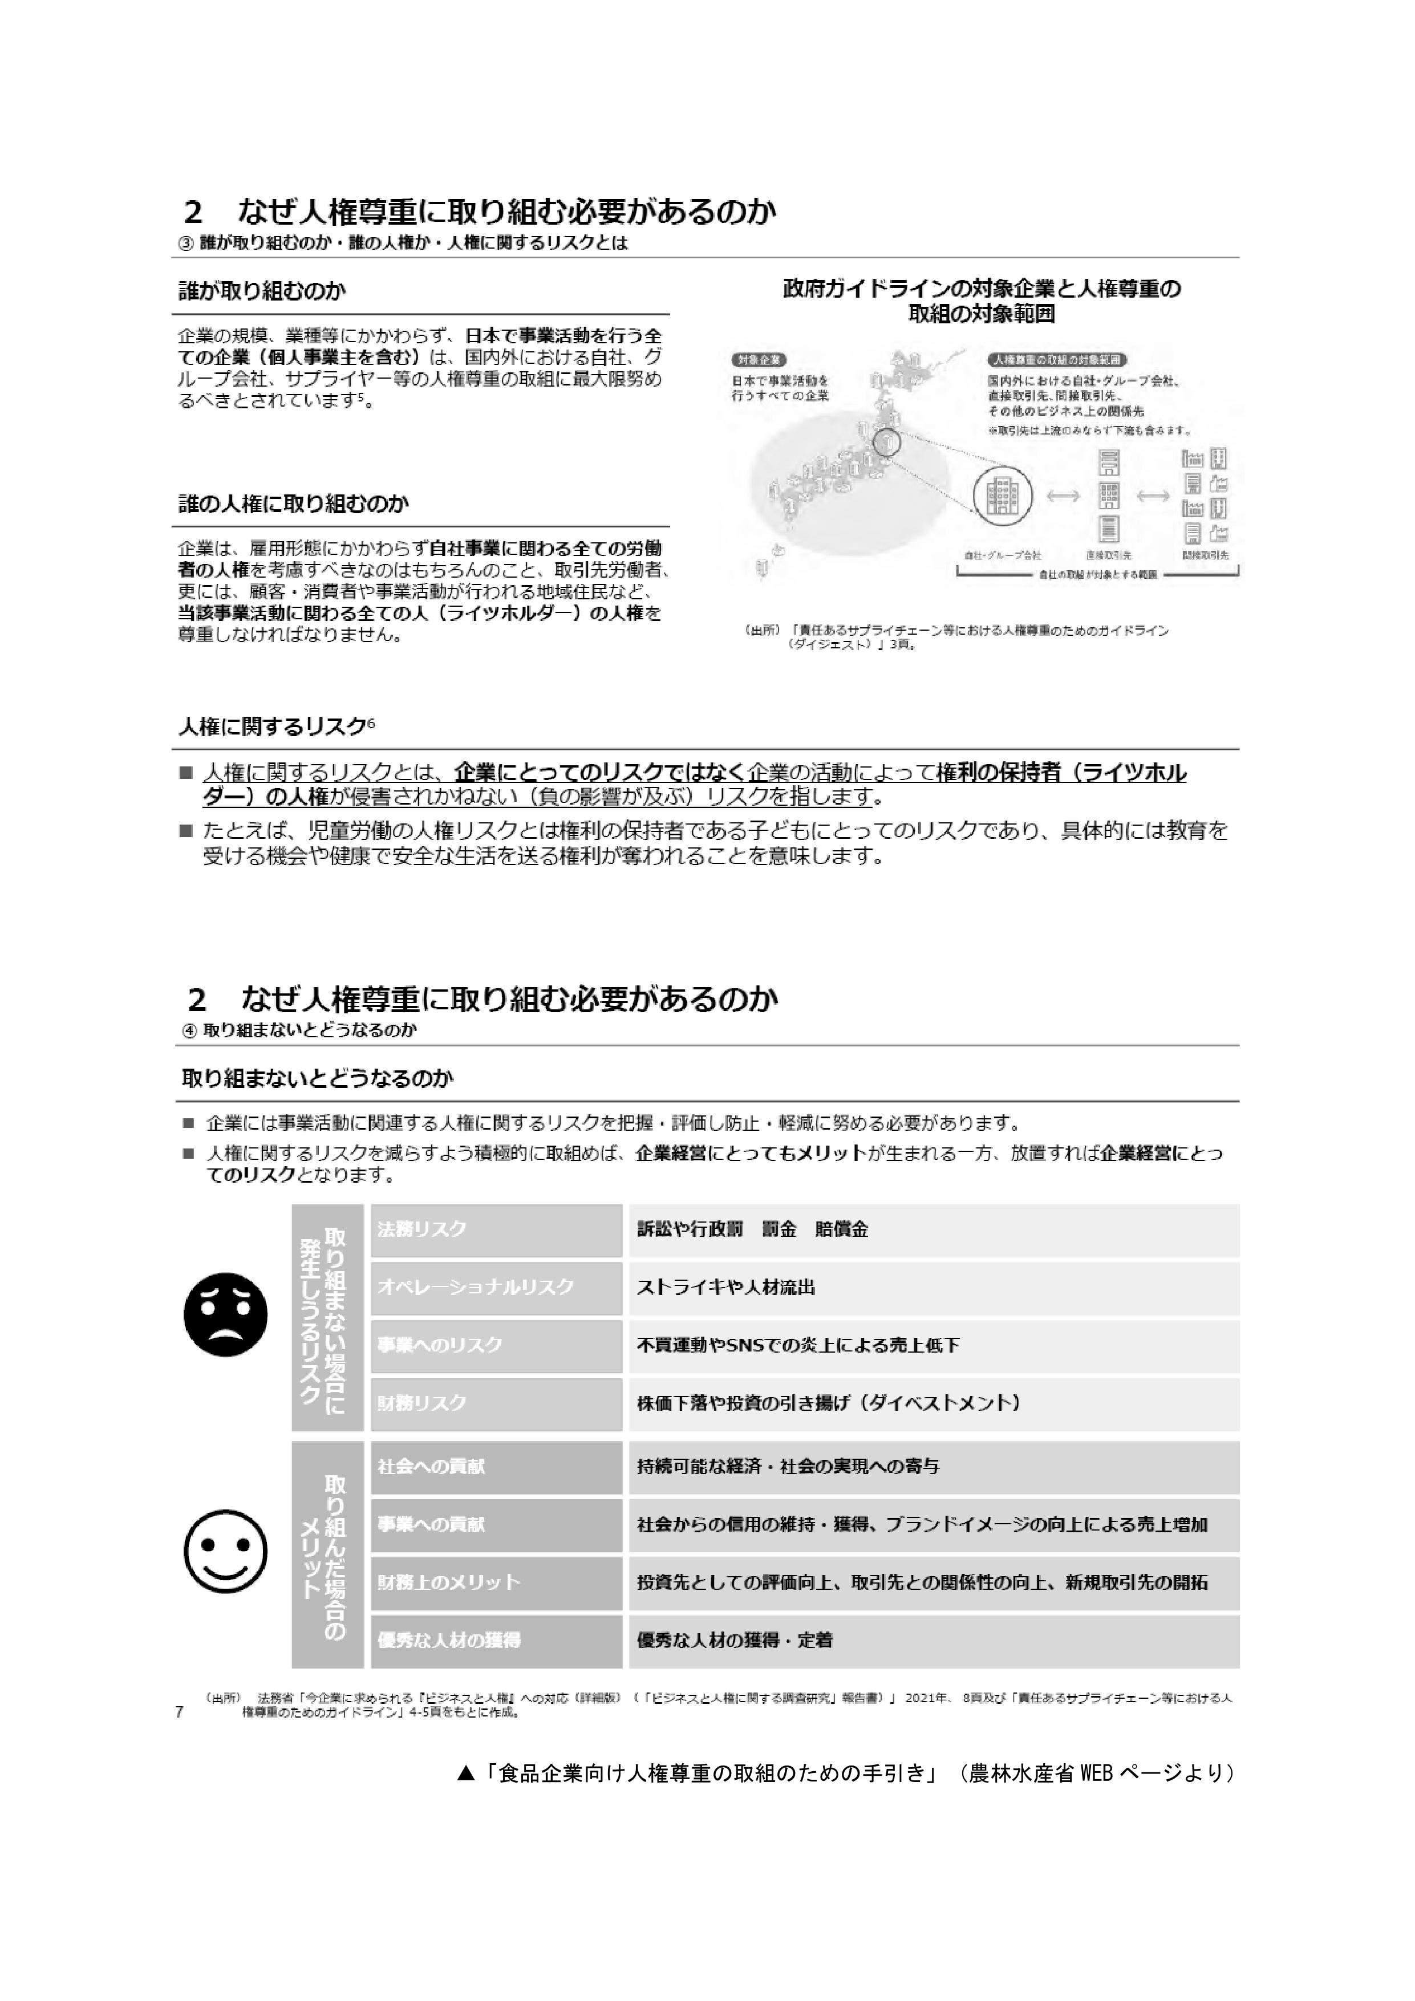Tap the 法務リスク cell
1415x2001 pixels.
pyautogui.click(x=495, y=1229)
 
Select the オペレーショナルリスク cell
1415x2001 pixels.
pyautogui.click(x=495, y=1287)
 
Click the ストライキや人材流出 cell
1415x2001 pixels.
pyautogui.click(x=933, y=1287)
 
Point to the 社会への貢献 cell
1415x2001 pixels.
pyautogui.click(x=495, y=1467)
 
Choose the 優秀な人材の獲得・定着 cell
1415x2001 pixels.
pyautogui.click(x=933, y=1640)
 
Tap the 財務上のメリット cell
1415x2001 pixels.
pyautogui.click(x=495, y=1582)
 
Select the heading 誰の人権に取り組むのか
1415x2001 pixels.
pyautogui.click(x=293, y=504)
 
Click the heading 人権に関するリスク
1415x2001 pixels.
pyautogui.click(x=275, y=726)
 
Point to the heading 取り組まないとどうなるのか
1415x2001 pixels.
pyautogui.click(x=317, y=1079)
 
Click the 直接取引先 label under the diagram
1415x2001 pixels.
pyautogui.click(x=1108, y=554)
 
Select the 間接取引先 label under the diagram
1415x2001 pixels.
pyautogui.click(x=1206, y=554)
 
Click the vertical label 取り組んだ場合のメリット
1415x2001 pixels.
pyautogui.click(x=327, y=1553)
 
